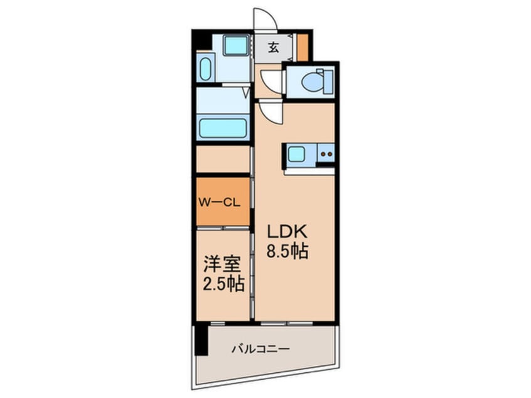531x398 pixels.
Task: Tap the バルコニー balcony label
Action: [x=262, y=348]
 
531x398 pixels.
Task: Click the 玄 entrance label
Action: [x=274, y=47]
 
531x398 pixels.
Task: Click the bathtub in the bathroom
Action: [x=222, y=128]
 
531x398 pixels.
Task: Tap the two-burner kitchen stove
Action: [x=325, y=153]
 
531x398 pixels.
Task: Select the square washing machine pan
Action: [x=237, y=45]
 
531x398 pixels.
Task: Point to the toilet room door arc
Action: [x=272, y=81]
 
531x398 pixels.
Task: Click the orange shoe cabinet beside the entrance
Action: [x=303, y=46]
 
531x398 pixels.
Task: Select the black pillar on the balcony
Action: [x=200, y=340]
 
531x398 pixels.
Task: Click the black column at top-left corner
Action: [x=200, y=40]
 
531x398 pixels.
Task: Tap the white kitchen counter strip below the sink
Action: [x=309, y=170]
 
